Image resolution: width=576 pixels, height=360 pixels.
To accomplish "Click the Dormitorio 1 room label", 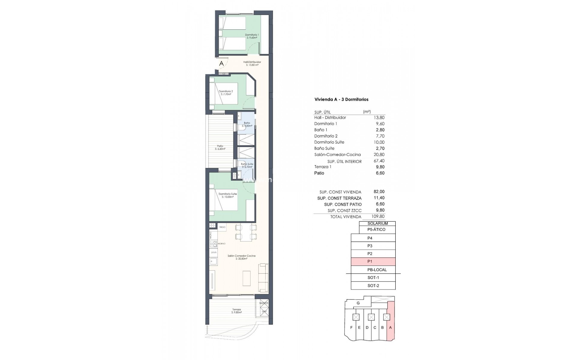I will click(x=252, y=36).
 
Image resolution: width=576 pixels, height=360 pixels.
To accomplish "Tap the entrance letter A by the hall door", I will click(x=221, y=64).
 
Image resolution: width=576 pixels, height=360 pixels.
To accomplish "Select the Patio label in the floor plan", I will click(x=220, y=147).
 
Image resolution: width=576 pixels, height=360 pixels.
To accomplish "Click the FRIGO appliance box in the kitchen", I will click(x=222, y=227).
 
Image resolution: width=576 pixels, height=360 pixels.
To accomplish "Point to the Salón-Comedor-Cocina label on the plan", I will click(x=241, y=257).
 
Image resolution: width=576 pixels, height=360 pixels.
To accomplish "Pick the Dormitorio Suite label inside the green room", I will click(x=227, y=195).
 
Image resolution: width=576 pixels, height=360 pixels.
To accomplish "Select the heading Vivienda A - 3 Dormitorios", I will click(x=341, y=99).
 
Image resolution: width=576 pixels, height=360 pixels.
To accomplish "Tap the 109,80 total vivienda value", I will click(x=378, y=217).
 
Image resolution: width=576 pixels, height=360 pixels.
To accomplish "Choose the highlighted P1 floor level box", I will click(x=373, y=262).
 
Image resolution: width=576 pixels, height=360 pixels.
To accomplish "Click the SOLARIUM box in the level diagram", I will click(x=377, y=223).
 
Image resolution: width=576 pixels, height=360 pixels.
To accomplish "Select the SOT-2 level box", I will click(x=373, y=286).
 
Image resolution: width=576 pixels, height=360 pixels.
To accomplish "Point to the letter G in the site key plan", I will click(x=358, y=303).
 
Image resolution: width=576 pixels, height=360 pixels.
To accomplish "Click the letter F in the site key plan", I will click(x=351, y=328).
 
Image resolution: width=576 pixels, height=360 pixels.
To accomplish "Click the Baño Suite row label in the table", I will click(x=324, y=148).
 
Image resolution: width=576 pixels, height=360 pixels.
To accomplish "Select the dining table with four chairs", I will click(x=246, y=232).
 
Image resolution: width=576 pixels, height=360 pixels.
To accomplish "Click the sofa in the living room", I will click(x=264, y=277).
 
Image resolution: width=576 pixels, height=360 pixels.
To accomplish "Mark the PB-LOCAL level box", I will click(x=377, y=270).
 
